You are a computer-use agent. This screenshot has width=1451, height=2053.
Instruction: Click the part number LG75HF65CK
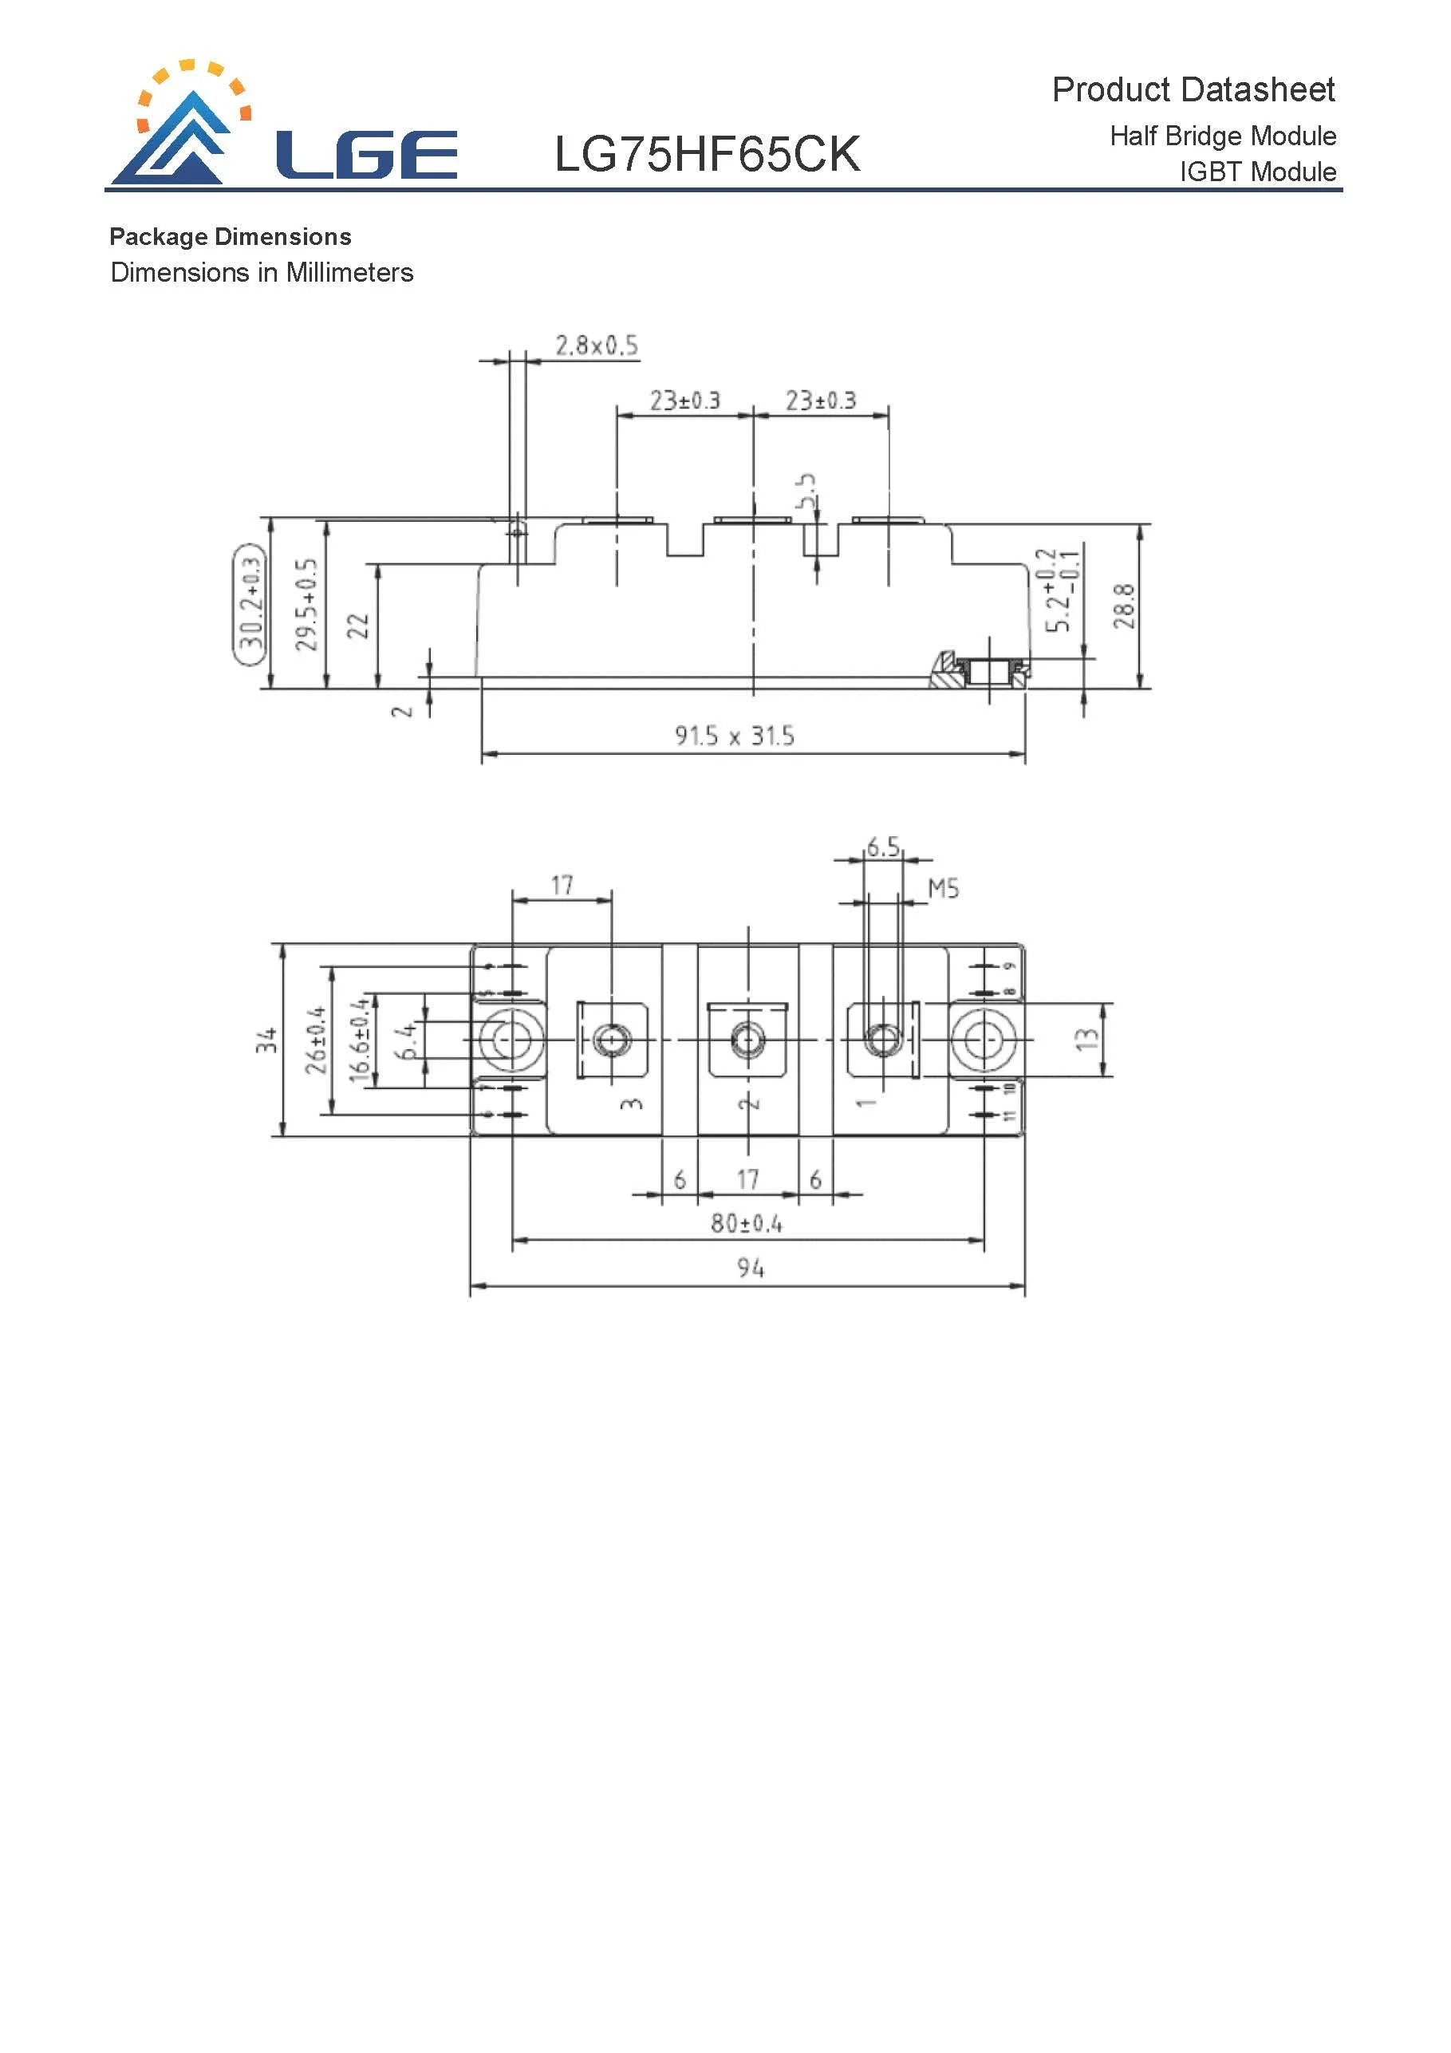(706, 154)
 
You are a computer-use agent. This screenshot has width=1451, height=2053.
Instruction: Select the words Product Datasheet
(1192, 89)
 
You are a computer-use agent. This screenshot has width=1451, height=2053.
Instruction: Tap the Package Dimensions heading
(230, 236)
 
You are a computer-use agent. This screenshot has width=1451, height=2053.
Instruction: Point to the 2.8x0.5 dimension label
(597, 345)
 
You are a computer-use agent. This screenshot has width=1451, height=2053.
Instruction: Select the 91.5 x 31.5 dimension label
(734, 735)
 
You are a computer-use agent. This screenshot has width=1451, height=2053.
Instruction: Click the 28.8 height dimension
(1124, 606)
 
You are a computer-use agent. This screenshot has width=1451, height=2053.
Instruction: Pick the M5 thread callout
(943, 888)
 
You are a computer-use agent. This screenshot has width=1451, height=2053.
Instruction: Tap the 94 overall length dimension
(750, 1267)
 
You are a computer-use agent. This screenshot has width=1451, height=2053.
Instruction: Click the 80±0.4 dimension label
(746, 1222)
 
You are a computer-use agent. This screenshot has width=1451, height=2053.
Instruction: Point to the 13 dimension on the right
(1086, 1039)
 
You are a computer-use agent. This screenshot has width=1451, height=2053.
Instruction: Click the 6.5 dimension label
(882, 846)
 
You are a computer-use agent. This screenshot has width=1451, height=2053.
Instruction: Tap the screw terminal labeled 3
(612, 1040)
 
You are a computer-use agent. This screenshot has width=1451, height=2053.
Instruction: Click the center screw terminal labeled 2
(747, 1039)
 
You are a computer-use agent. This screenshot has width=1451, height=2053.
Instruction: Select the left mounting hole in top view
(511, 1040)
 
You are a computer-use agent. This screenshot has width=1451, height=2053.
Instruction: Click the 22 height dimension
(357, 625)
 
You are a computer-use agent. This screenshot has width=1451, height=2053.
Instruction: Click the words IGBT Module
(1257, 171)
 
